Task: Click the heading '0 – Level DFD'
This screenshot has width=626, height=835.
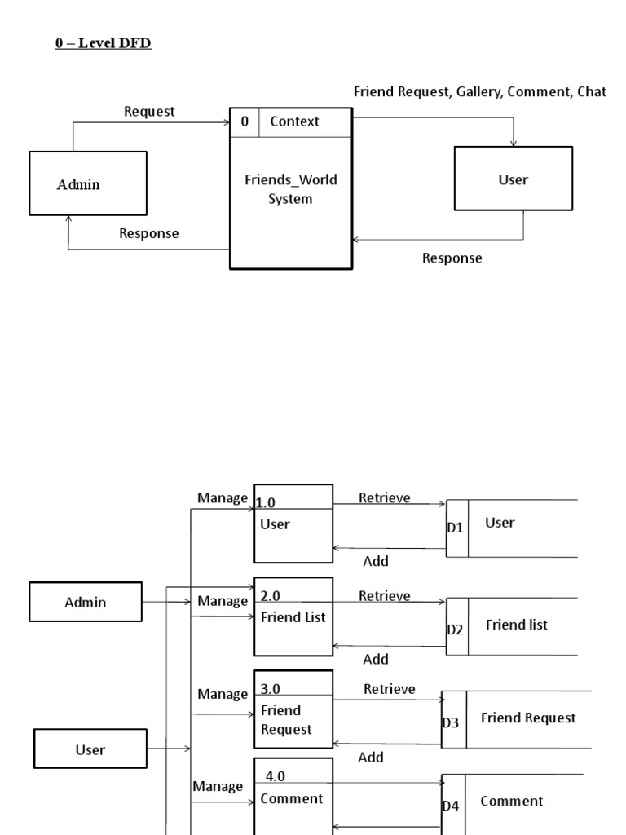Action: [x=104, y=43]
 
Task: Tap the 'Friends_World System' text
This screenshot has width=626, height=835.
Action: [x=290, y=189]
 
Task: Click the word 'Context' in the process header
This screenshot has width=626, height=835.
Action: [x=294, y=121]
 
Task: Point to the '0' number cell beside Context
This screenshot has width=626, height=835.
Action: [x=245, y=121]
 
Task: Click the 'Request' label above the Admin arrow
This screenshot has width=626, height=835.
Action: [x=149, y=112]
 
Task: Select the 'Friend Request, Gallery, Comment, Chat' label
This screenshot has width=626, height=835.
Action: [x=479, y=92]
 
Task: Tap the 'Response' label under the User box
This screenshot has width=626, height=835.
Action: [x=452, y=258]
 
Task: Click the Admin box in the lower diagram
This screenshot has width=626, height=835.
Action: [x=86, y=603]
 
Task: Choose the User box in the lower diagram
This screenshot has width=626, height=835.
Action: [x=90, y=749]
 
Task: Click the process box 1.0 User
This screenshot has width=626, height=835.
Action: [x=293, y=524]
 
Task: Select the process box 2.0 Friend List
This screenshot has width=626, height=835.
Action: [x=293, y=616]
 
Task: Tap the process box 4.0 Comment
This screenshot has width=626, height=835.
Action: [x=293, y=795]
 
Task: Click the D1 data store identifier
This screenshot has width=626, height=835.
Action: [x=456, y=528]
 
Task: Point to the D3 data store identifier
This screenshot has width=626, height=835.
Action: [x=452, y=722]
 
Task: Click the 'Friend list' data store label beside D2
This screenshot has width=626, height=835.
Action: [x=516, y=625]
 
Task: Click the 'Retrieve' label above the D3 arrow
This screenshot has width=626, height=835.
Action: [x=389, y=689]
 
